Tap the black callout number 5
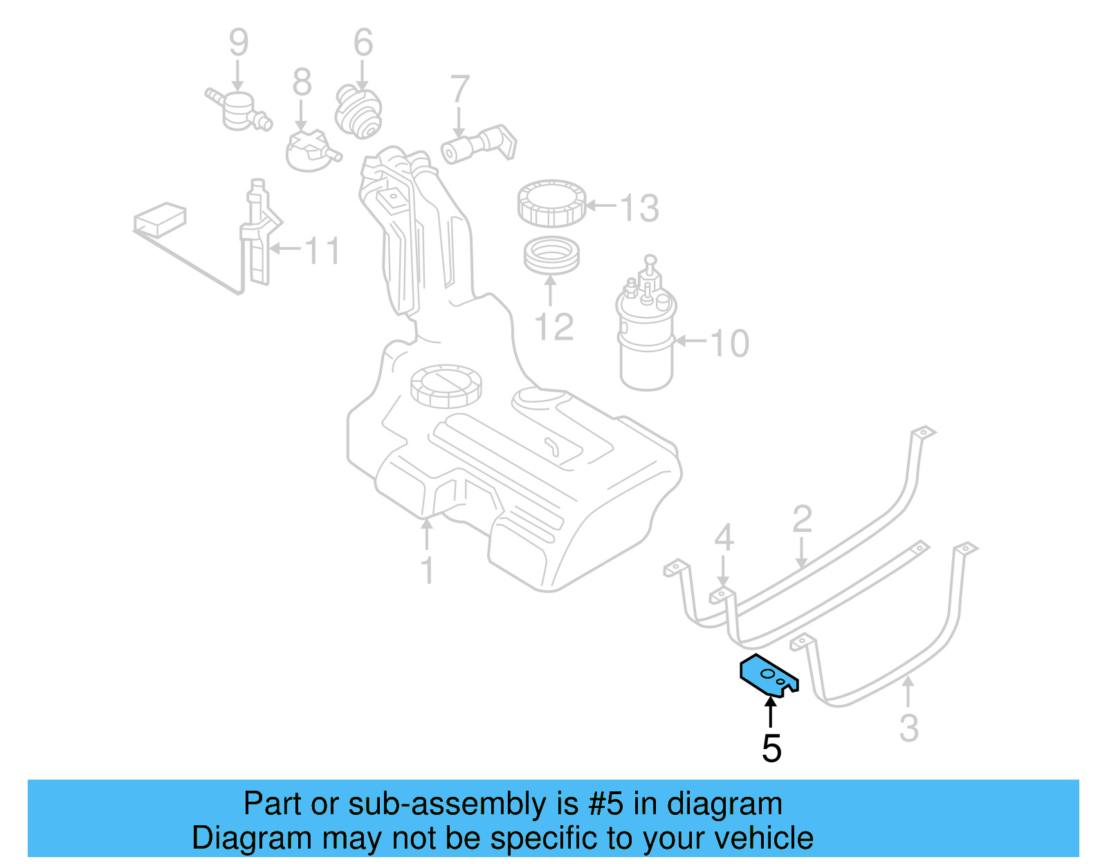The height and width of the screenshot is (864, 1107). point(771,748)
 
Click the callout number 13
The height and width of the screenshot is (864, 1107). point(639,208)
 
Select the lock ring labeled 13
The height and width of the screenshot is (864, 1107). point(551,203)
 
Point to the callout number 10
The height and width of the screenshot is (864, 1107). point(729,343)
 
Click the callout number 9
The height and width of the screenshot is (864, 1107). point(238,42)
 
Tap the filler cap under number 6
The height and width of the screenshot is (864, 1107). point(359,111)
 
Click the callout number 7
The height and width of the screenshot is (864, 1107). point(459,90)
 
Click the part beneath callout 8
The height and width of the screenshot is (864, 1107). point(311,151)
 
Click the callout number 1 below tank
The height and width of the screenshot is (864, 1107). point(428,571)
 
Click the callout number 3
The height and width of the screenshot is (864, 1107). point(908,728)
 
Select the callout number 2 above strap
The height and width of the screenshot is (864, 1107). point(801,519)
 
